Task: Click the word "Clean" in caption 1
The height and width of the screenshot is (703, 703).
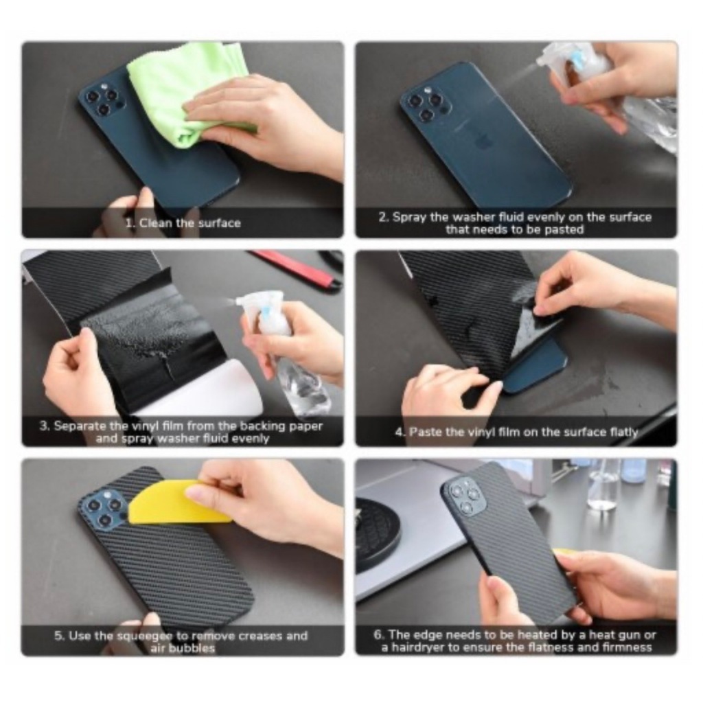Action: click(155, 223)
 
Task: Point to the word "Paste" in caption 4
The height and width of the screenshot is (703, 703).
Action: click(423, 432)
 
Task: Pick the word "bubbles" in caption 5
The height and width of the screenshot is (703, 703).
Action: click(194, 648)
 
